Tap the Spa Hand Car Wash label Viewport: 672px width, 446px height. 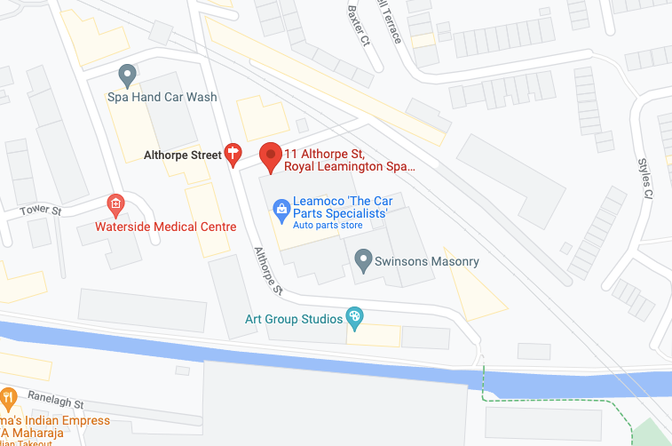point(162,97)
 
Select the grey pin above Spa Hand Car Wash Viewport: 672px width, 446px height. point(127,74)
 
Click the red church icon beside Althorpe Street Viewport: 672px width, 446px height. point(233,155)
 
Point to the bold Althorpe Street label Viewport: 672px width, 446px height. point(182,155)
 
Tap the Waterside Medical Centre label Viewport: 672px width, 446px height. point(166,227)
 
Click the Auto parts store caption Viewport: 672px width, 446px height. point(328,227)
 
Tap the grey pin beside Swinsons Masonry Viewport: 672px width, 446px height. point(362,260)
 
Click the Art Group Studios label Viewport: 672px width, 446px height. point(294,319)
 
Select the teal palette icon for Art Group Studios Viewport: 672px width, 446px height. point(353,316)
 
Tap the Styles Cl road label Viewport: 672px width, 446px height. point(645,179)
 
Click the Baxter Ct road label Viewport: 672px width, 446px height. point(359,25)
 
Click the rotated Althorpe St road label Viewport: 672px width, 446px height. point(267,270)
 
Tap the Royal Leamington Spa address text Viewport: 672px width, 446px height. point(349,166)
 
